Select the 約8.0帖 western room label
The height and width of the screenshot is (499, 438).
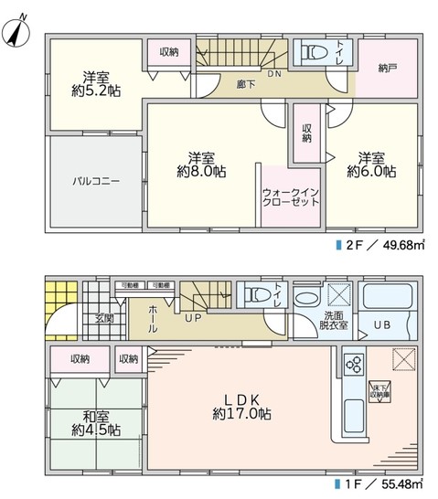pos(202,164)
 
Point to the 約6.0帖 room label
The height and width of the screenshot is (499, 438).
pos(370,164)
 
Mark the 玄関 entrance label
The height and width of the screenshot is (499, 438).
pos(102,318)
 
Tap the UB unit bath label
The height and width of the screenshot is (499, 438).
pos(384,324)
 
